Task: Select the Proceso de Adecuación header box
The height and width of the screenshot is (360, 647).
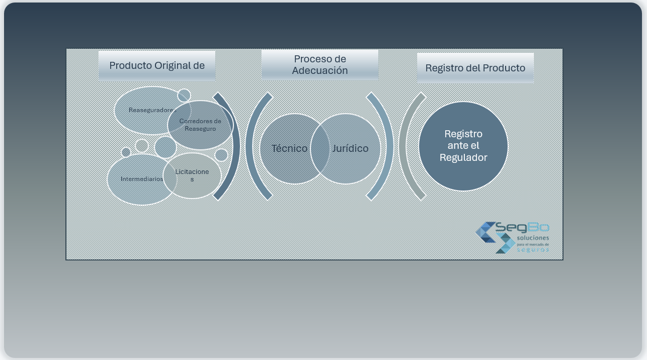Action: [x=319, y=64]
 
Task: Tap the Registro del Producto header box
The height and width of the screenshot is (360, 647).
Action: [x=475, y=68]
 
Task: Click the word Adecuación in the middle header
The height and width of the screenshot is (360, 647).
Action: [x=319, y=70]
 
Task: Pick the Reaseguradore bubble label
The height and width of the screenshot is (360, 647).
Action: [x=150, y=110]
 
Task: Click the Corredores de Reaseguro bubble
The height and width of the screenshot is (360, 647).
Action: [x=200, y=125]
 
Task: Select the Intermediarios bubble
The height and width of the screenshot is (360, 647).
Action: [x=141, y=179]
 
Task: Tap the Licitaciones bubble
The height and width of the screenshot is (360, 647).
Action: [x=192, y=175]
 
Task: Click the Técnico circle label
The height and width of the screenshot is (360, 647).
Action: [x=289, y=148]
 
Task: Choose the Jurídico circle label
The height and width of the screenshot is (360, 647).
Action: [x=350, y=148]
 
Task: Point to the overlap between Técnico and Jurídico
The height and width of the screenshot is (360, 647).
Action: [x=320, y=148]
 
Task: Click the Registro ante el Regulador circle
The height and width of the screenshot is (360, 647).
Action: [x=463, y=146]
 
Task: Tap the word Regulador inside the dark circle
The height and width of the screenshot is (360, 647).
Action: [x=463, y=157]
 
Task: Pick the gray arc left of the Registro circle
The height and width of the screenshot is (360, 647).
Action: [x=405, y=146]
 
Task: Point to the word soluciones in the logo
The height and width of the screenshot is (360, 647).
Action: [x=533, y=237]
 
